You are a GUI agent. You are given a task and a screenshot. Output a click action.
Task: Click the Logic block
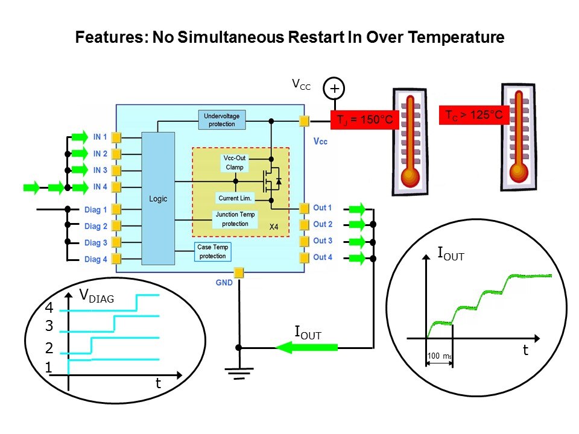coord(158,198)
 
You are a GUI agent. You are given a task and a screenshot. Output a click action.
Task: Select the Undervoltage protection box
coord(222,120)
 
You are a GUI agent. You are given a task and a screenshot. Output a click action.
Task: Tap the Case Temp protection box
coord(213,252)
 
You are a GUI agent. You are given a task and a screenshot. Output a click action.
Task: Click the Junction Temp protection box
coord(236,219)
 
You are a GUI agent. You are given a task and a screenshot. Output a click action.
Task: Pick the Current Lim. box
coord(235,198)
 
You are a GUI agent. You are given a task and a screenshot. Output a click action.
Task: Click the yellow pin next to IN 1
coord(116,137)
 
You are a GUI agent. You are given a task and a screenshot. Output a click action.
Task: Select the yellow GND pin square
coord(239,273)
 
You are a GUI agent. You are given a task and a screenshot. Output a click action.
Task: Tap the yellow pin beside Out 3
coord(303,241)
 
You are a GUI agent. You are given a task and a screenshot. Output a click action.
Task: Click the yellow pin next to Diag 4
coord(116,259)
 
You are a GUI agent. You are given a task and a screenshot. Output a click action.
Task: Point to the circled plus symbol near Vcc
coord(334,89)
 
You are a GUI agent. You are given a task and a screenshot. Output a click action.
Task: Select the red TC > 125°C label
coord(473,114)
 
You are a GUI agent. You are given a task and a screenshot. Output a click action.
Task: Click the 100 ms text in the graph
coord(438,356)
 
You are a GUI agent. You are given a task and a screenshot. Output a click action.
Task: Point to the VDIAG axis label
coord(96,295)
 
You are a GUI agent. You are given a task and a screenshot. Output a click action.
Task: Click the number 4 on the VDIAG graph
coord(49,308)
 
